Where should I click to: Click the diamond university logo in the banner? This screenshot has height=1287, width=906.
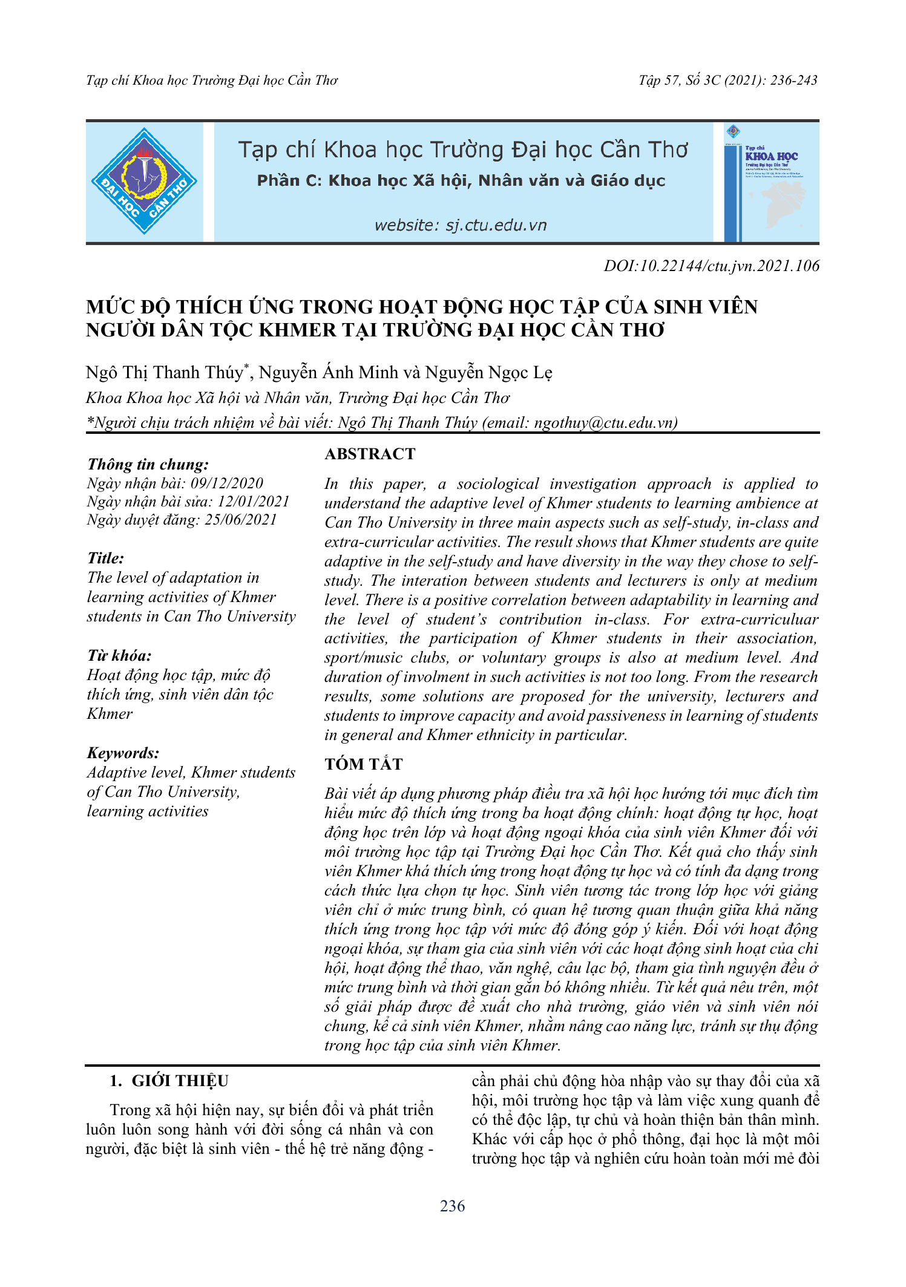(144, 182)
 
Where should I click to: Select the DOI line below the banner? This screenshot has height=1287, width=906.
(711, 266)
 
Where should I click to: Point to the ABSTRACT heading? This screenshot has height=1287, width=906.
(370, 454)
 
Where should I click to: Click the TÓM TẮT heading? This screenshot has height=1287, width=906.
(363, 764)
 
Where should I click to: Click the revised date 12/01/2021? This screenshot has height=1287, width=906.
(254, 502)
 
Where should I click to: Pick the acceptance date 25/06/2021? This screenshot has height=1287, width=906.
(240, 520)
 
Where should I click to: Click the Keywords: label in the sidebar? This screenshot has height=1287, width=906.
(123, 753)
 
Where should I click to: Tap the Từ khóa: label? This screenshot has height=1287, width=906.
(119, 656)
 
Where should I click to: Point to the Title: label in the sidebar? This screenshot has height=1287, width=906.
(105, 558)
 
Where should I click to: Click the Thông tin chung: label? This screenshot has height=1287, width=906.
(148, 465)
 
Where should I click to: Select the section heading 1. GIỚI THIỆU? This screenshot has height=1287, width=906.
(169, 1081)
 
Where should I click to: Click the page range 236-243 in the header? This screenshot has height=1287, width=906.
(793, 80)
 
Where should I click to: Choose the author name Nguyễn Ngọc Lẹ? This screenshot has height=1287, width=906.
(488, 373)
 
